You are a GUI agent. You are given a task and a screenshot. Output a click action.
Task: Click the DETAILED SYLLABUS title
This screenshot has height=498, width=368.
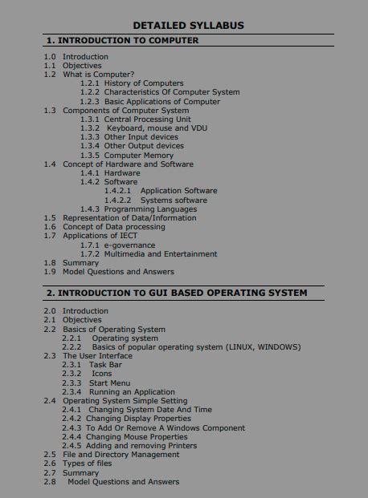click(188, 26)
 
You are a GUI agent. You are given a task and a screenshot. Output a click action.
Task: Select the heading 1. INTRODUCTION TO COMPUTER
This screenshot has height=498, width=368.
click(122, 40)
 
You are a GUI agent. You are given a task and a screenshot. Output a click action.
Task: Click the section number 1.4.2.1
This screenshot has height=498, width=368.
click(117, 191)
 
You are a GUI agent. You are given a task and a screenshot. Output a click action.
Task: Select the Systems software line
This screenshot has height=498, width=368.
click(167, 200)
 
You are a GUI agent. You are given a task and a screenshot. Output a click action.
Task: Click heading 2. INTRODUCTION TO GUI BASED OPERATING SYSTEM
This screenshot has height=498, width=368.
click(177, 294)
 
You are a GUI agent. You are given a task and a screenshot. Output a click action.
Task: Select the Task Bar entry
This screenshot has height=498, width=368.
click(105, 365)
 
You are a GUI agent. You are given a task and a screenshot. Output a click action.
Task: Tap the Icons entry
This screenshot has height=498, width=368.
click(101, 374)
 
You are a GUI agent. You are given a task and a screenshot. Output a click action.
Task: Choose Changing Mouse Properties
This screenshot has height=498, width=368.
click(137, 437)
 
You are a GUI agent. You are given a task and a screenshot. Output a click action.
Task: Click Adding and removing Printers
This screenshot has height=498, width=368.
click(141, 446)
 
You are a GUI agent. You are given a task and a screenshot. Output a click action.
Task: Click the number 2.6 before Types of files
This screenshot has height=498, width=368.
click(49, 464)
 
